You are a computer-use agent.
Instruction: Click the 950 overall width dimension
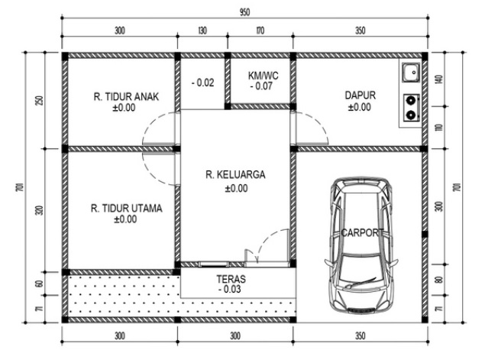pos(244,13)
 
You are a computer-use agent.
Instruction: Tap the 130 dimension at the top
pos(202,31)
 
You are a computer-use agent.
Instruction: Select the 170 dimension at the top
pos(260,31)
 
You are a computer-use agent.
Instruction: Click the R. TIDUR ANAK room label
pos(126,96)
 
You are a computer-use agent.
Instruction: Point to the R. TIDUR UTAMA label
pos(127,208)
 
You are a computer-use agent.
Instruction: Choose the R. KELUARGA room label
pos(235,174)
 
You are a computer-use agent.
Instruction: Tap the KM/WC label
pos(264,76)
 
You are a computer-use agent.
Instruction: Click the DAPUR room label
pos(361,95)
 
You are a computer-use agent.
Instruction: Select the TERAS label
pos(231,279)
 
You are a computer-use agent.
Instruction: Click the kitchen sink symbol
pos(411,73)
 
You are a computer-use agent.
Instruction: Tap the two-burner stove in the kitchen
pos(411,108)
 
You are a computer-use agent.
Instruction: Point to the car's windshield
pos(361,262)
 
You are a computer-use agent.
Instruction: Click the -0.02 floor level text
pos(202,83)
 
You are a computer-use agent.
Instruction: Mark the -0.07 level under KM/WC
pos(261,86)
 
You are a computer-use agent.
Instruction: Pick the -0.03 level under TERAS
pos(229,290)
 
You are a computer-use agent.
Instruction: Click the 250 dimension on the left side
pos(40,101)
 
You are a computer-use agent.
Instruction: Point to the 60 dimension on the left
pos(40,284)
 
